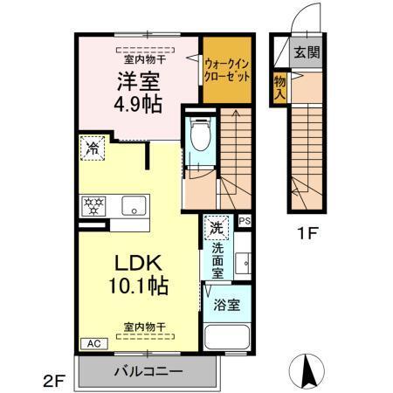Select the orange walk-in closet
227,69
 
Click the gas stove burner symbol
92,206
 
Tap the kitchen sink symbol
133,206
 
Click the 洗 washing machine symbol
216,230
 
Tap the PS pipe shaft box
245,222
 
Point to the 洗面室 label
217,260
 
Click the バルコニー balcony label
148,370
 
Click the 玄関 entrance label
306,52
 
